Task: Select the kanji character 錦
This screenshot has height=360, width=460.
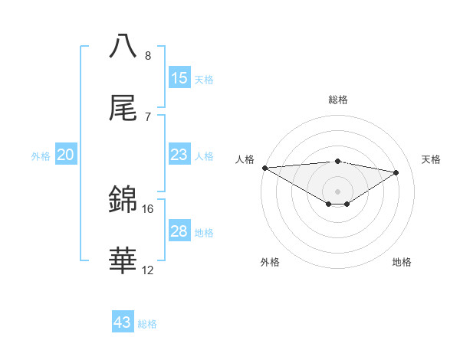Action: [x=123, y=200]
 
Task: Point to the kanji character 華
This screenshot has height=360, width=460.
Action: [x=123, y=261]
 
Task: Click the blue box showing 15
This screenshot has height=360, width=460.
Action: [x=179, y=77]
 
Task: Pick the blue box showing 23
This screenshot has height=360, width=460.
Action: [x=179, y=155]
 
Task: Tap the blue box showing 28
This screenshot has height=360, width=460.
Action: [x=179, y=231]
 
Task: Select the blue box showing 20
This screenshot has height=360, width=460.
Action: [x=66, y=155]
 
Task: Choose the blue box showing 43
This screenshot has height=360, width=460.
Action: [x=123, y=322]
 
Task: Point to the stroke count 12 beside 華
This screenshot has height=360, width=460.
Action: [x=148, y=270]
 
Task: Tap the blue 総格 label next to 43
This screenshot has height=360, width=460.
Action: [x=147, y=324]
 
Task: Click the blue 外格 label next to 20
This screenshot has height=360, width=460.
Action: [x=41, y=156]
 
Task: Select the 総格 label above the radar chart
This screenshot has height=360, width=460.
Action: [x=338, y=100]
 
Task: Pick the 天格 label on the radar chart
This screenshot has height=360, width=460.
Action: [x=432, y=159]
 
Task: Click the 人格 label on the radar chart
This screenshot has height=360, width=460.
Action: [x=245, y=159]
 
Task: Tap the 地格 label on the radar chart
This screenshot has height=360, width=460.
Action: [x=402, y=262]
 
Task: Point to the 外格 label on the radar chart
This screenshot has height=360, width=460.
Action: [x=270, y=262]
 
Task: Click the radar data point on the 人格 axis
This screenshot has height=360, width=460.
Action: [x=264, y=168]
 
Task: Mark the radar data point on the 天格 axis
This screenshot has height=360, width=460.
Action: [x=396, y=172]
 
